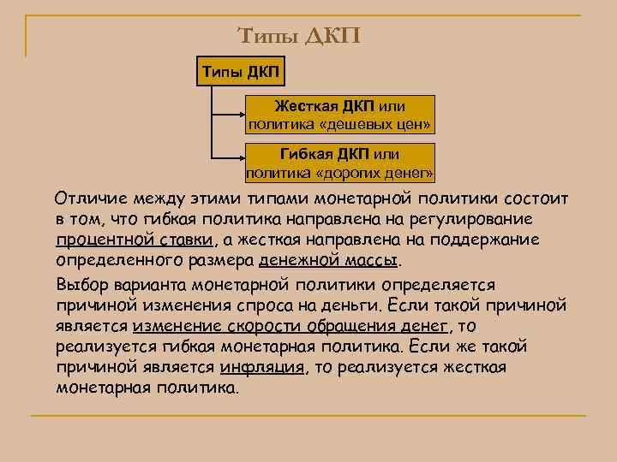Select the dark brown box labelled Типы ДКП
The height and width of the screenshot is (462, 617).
(241, 69)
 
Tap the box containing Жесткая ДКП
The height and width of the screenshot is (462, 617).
(339, 115)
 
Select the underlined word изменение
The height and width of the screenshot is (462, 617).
(177, 325)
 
